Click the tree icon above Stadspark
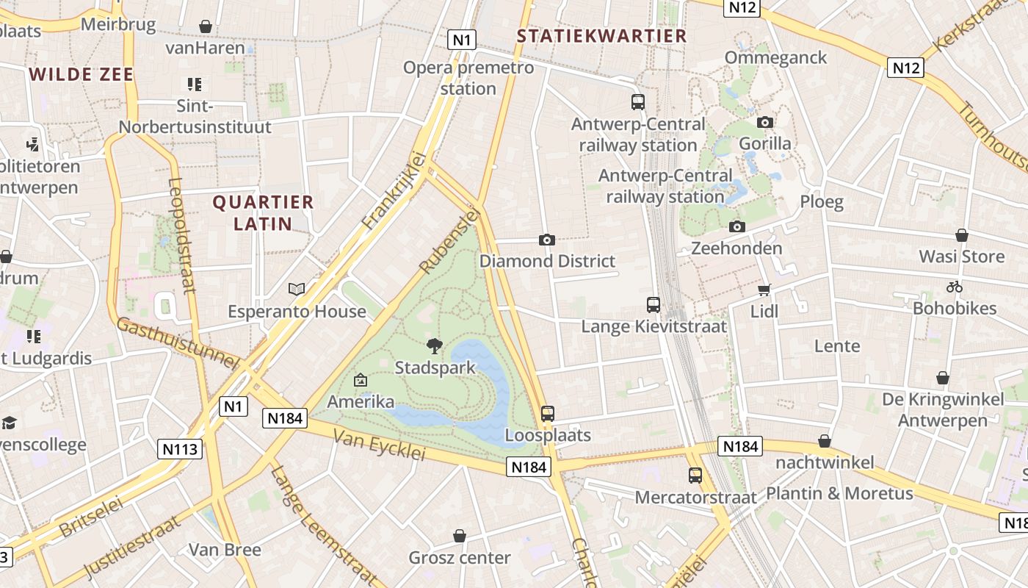click(x=435, y=345)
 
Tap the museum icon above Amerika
click(x=361, y=380)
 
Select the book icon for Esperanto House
click(x=297, y=290)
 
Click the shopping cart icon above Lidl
click(x=764, y=290)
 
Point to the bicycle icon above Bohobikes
click(x=955, y=287)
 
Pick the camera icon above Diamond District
click(x=546, y=240)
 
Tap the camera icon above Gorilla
click(x=765, y=122)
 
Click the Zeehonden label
click(x=736, y=248)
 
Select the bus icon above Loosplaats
click(x=547, y=414)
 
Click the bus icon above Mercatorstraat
click(x=695, y=476)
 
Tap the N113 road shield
click(x=180, y=449)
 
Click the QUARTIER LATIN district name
click(x=263, y=212)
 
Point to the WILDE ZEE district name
click(x=82, y=74)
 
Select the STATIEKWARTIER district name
click(x=601, y=36)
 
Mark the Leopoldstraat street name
click(x=183, y=235)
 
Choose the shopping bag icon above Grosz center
click(x=460, y=536)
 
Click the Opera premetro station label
click(x=468, y=78)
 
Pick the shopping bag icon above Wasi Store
click(x=961, y=235)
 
